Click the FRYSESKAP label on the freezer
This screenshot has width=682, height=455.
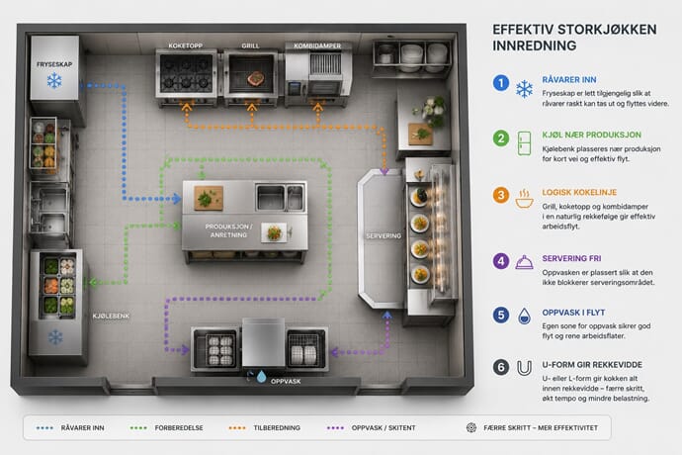click(x=54, y=64)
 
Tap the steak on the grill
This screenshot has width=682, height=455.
click(x=256, y=78)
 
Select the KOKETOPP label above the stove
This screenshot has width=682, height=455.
click(x=186, y=45)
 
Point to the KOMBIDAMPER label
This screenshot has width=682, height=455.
click(x=317, y=45)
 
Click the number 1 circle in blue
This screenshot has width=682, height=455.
click(x=501, y=83)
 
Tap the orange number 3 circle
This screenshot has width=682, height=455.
click(x=501, y=195)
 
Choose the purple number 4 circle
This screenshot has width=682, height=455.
click(x=501, y=261)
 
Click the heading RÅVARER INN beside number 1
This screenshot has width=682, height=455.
click(x=569, y=80)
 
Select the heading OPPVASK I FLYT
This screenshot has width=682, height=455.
click(x=573, y=313)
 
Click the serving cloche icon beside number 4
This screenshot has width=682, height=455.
click(x=524, y=262)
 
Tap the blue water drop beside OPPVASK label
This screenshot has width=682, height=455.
click(x=261, y=376)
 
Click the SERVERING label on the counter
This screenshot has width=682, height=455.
click(x=384, y=236)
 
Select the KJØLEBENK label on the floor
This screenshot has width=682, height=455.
click(x=111, y=317)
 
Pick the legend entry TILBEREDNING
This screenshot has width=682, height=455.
click(x=277, y=428)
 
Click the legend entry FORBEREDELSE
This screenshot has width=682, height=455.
click(x=179, y=428)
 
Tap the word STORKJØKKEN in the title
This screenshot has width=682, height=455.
click(x=607, y=30)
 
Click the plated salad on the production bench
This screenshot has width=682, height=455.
click(x=274, y=233)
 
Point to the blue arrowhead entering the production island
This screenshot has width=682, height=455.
click(x=177, y=199)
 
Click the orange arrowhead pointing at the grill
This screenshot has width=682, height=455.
click(x=251, y=108)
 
